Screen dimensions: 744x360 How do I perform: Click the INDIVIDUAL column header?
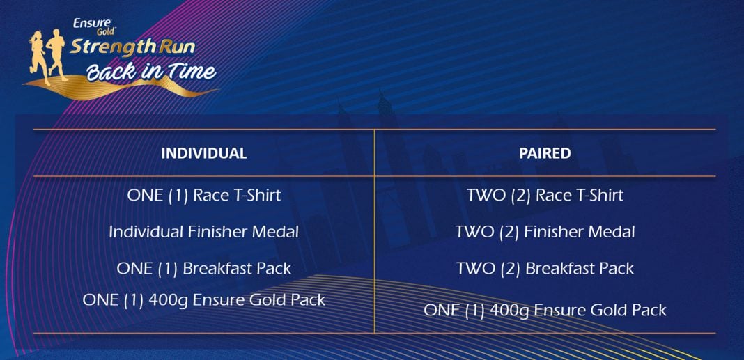[x=203, y=153]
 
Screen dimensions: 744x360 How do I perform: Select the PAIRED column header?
[x=545, y=153]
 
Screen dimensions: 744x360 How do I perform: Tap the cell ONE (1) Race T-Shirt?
[x=204, y=196]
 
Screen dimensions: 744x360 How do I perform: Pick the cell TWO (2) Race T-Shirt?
[x=545, y=196]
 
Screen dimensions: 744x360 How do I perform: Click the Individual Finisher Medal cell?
[x=203, y=232]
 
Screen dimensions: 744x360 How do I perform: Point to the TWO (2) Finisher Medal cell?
[x=545, y=232]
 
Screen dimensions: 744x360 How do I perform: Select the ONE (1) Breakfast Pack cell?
[x=203, y=268]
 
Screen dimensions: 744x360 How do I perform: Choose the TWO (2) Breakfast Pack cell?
[x=545, y=268]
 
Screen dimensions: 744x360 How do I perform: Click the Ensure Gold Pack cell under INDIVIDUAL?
[x=203, y=299]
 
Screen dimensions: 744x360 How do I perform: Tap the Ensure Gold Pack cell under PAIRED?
[x=545, y=310]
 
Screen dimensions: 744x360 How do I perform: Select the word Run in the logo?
[x=176, y=47]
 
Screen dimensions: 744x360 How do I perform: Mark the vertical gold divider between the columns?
[x=374, y=231]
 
